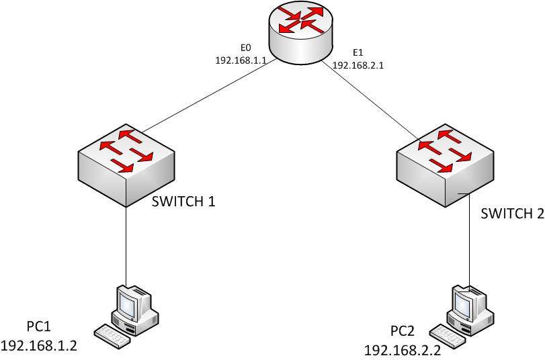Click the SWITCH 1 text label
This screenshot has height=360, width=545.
tap(182, 201)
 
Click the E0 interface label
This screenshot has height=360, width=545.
tap(245, 48)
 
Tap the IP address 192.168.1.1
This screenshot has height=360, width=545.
tap(241, 60)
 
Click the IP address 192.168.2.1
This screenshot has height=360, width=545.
tap(358, 66)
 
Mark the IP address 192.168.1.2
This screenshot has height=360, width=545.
tap(40, 346)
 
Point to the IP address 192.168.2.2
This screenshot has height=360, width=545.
tap(403, 350)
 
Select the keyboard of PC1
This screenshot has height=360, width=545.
tap(112, 335)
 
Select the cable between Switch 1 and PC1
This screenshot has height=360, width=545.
tap(126, 242)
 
